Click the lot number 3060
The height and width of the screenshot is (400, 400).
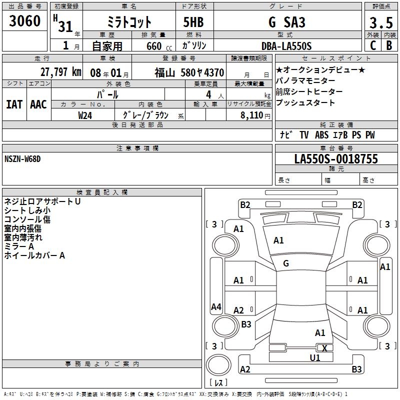(24, 21)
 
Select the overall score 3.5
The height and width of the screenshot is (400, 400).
(381, 22)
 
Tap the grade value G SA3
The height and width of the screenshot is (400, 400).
(287, 22)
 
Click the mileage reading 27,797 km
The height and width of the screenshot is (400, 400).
(61, 72)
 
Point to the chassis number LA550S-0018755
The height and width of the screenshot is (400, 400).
(336, 159)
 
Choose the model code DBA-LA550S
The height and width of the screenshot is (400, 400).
(286, 46)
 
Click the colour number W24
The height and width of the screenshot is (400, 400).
(85, 115)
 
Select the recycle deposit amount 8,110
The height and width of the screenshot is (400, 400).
(252, 115)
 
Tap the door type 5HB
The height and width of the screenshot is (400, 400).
(193, 22)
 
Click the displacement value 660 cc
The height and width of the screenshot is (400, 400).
(159, 46)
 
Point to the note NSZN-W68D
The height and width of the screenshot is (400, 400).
(22, 159)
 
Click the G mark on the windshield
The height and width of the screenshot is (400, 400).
(286, 263)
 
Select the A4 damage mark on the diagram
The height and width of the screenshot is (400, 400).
(216, 306)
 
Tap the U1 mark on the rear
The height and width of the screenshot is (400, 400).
(315, 358)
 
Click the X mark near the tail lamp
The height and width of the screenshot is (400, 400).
(324, 348)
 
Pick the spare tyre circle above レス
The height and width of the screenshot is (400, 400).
(218, 365)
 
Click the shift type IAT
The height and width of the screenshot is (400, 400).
(14, 104)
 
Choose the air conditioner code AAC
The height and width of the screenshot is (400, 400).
(38, 104)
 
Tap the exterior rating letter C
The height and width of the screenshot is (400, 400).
(373, 45)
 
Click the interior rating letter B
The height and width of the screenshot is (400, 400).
(389, 45)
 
